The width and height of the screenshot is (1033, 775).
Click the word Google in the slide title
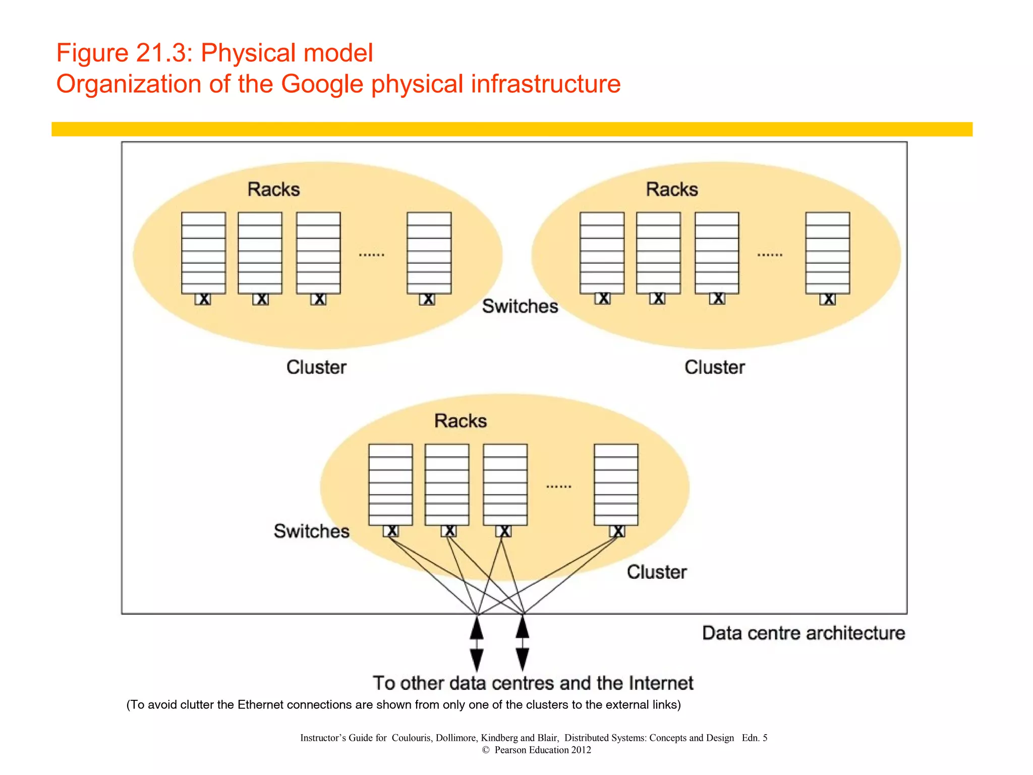[322, 84]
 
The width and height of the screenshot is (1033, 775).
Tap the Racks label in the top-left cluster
[273, 189]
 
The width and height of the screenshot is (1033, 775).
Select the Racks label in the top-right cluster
[672, 189]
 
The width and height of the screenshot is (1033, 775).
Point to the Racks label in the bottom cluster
[461, 421]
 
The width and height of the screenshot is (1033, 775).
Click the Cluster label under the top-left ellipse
[316, 367]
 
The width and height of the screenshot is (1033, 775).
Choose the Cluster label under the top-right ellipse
[715, 367]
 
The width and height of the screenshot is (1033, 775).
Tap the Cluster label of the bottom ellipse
[657, 572]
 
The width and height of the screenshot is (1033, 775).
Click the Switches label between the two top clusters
[520, 306]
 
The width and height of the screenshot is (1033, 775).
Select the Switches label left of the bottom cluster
[311, 531]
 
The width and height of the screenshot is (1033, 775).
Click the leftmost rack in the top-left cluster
[203, 253]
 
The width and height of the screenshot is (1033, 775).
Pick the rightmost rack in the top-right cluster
[828, 253]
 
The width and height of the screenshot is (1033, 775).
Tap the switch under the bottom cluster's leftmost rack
[391, 531]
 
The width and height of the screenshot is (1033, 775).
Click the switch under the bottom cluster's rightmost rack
[617, 531]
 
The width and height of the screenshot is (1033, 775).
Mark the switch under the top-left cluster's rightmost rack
[427, 299]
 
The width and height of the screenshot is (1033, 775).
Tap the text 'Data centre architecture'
[804, 633]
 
